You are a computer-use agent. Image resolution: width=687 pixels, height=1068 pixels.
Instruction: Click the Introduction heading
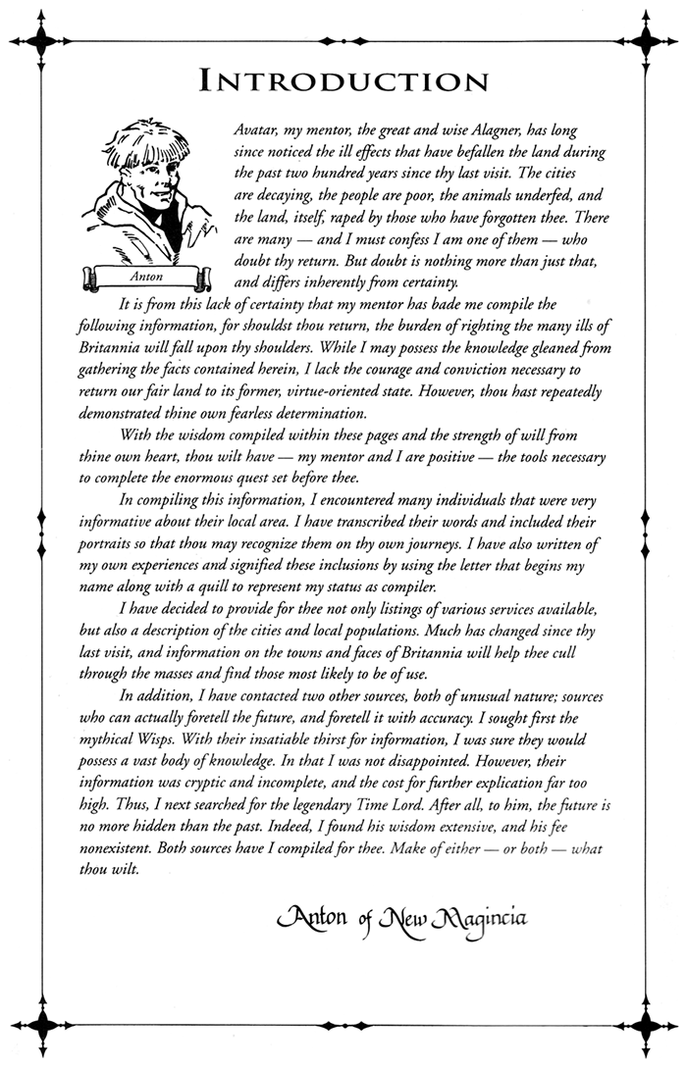(343, 80)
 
